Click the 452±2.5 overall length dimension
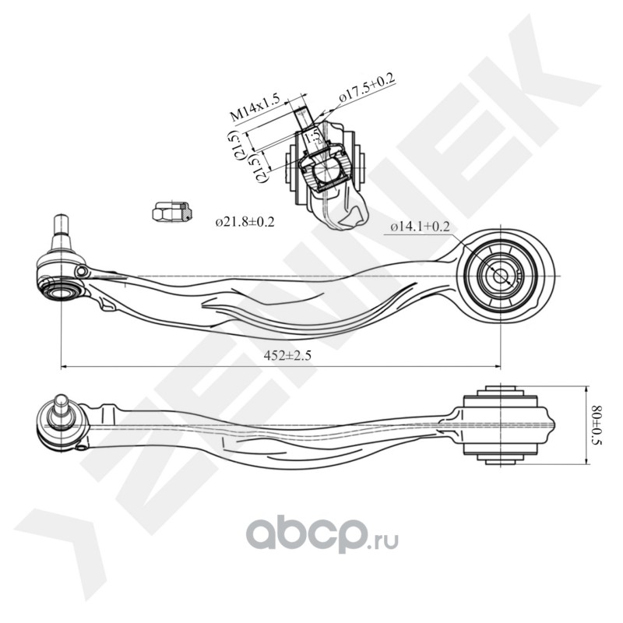(288, 356)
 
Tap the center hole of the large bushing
(499, 275)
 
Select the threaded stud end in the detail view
(302, 113)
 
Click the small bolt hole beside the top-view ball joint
(82, 270)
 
